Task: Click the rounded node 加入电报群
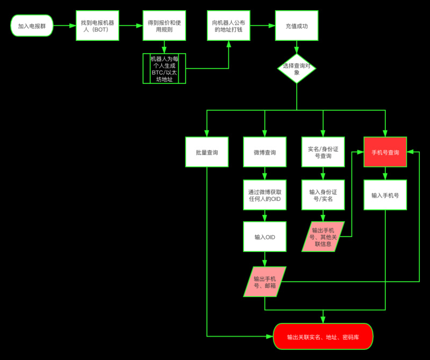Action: (32, 26)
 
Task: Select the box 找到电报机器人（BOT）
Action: (98, 26)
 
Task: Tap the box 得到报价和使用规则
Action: (164, 26)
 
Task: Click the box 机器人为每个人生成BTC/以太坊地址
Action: (164, 68)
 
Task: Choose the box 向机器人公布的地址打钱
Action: (228, 26)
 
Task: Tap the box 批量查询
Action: (207, 153)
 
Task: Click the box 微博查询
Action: (264, 153)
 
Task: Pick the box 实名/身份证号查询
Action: (323, 153)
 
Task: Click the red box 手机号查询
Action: (385, 153)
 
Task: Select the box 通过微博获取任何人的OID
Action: (264, 195)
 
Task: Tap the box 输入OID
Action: (264, 237)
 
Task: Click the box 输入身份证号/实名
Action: (323, 195)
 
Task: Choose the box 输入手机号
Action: (385, 195)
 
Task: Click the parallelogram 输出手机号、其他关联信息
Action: (323, 237)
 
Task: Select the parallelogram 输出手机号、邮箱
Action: (264, 282)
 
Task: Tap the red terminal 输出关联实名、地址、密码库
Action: (323, 337)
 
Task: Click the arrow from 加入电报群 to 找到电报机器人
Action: (64, 26)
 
